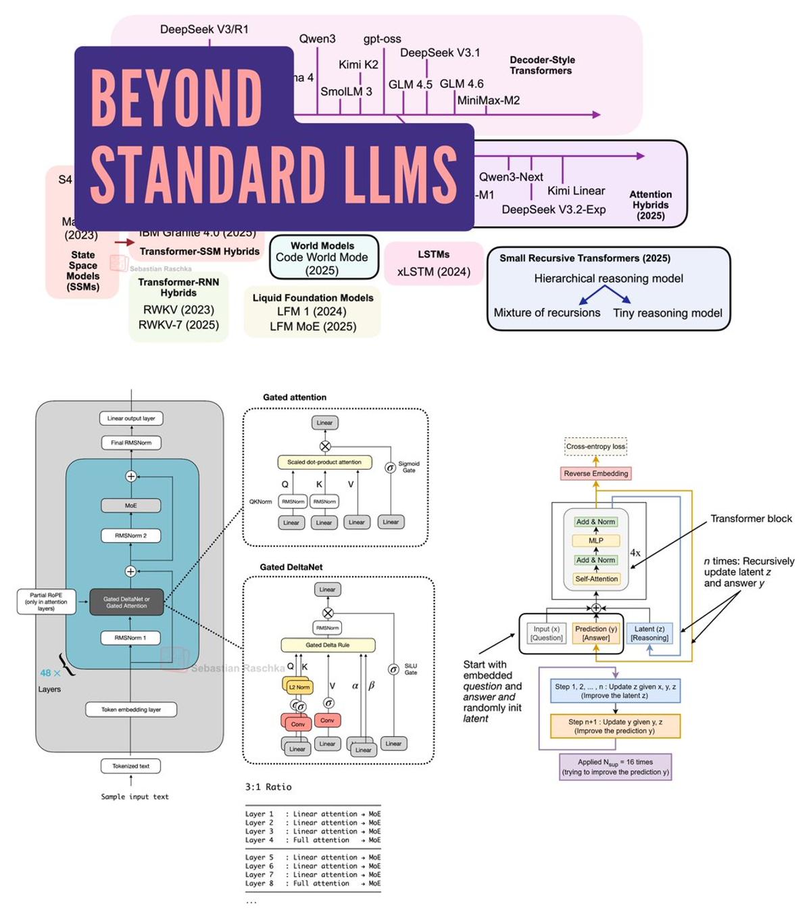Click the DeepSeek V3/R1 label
click(x=204, y=29)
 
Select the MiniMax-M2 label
click(x=488, y=101)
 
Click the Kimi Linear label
click(x=576, y=191)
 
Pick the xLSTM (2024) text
click(x=433, y=272)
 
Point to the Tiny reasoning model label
click(x=667, y=313)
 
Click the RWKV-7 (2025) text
click(x=178, y=325)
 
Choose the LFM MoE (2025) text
click(x=313, y=326)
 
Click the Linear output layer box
click(x=131, y=418)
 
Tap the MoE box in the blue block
click(x=131, y=506)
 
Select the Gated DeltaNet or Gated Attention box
click(x=126, y=602)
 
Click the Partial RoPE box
click(x=46, y=602)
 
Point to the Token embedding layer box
click(x=131, y=710)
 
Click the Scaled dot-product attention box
click(x=324, y=462)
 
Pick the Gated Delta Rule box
click(x=328, y=645)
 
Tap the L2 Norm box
click(x=298, y=687)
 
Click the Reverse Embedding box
click(x=595, y=474)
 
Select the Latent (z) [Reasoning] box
click(x=649, y=633)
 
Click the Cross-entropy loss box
click(x=595, y=447)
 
